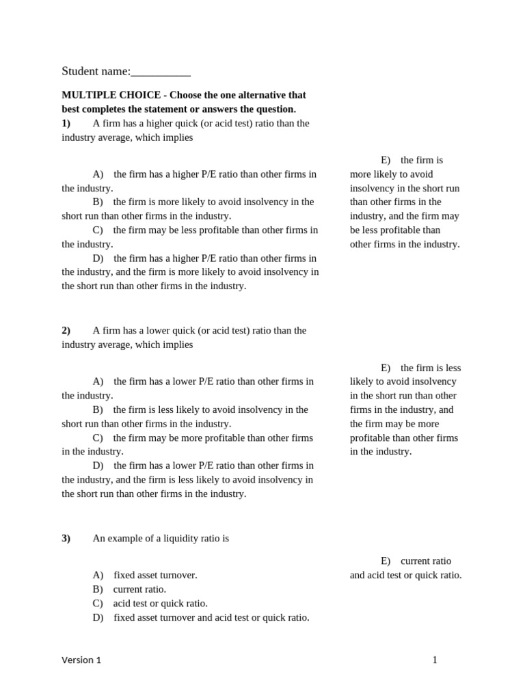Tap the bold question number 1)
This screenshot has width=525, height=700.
66,123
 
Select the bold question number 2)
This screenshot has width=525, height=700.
66,330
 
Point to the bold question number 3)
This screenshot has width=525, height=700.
66,538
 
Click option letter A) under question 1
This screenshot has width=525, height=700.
98,174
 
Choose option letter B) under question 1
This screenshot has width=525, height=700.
98,202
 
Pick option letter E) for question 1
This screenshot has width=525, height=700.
386,160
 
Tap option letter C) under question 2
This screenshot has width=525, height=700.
98,437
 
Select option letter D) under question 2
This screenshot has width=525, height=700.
98,466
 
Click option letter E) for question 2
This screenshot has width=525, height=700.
386,368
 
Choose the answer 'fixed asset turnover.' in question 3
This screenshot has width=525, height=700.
155,575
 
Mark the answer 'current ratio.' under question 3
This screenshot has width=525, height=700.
139,589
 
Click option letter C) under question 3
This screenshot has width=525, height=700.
98,603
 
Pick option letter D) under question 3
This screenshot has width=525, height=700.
98,617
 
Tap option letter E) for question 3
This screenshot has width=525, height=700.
386,561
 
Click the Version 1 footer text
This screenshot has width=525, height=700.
81,660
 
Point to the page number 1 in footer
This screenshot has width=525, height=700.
434,660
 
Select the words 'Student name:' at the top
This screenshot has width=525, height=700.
96,71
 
